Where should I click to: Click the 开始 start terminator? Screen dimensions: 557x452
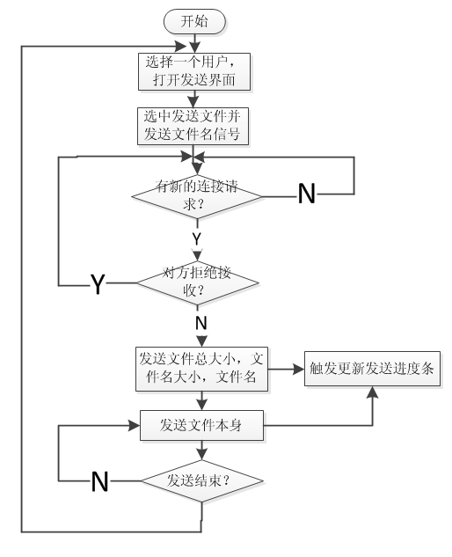click(x=195, y=21)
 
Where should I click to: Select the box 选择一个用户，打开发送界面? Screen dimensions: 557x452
click(x=195, y=71)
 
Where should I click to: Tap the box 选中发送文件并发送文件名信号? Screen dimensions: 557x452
click(x=195, y=126)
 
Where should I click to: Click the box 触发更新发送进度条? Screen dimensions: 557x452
click(x=371, y=369)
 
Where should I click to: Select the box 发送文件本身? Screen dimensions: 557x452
click(x=201, y=426)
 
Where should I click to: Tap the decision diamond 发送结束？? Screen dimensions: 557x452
click(x=201, y=480)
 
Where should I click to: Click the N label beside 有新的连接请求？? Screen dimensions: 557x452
click(x=307, y=194)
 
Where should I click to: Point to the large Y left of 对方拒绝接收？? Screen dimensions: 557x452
click(x=98, y=284)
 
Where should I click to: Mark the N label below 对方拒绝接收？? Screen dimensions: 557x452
click(x=200, y=323)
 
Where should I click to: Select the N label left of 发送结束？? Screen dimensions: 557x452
click(x=101, y=481)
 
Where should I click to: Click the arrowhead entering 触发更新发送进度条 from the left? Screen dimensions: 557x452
click(x=299, y=369)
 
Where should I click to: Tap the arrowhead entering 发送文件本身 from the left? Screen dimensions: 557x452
click(x=136, y=426)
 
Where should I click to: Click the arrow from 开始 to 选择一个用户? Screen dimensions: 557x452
click(x=195, y=42)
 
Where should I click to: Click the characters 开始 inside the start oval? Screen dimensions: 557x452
click(x=195, y=21)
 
